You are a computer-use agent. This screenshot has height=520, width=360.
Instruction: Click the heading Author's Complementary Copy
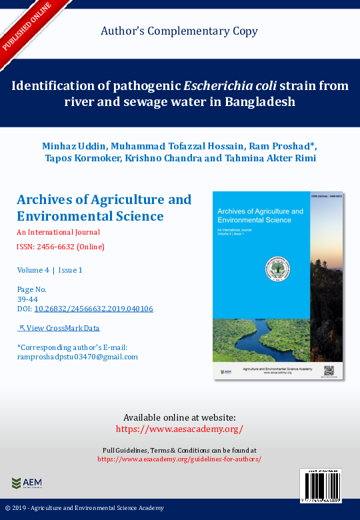179,31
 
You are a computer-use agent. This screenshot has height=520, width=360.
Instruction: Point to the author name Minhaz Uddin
74,145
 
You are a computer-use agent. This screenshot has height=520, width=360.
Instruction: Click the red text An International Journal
58,233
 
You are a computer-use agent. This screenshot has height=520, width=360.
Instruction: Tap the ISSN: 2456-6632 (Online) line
60,247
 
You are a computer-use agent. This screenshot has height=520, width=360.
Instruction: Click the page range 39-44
27,299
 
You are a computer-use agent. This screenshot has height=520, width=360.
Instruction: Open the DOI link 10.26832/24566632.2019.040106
93,309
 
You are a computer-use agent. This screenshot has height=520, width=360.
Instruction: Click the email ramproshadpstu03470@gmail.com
77,357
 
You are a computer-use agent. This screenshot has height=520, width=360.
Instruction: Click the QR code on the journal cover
328,369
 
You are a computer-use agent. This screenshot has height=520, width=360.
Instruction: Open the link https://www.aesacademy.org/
179,429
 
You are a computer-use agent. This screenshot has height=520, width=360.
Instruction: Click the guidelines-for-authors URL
179,459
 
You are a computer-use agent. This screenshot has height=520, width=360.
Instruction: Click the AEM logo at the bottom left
27,483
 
